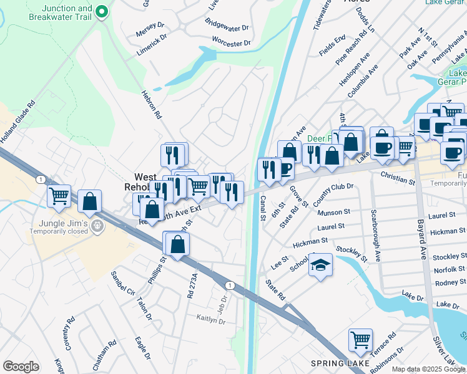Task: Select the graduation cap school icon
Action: pyautogui.click(x=320, y=265)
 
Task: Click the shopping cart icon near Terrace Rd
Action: pyautogui.click(x=360, y=340)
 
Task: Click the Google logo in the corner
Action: pyautogui.click(x=21, y=367)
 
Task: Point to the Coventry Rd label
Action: pyautogui.click(x=69, y=333)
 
